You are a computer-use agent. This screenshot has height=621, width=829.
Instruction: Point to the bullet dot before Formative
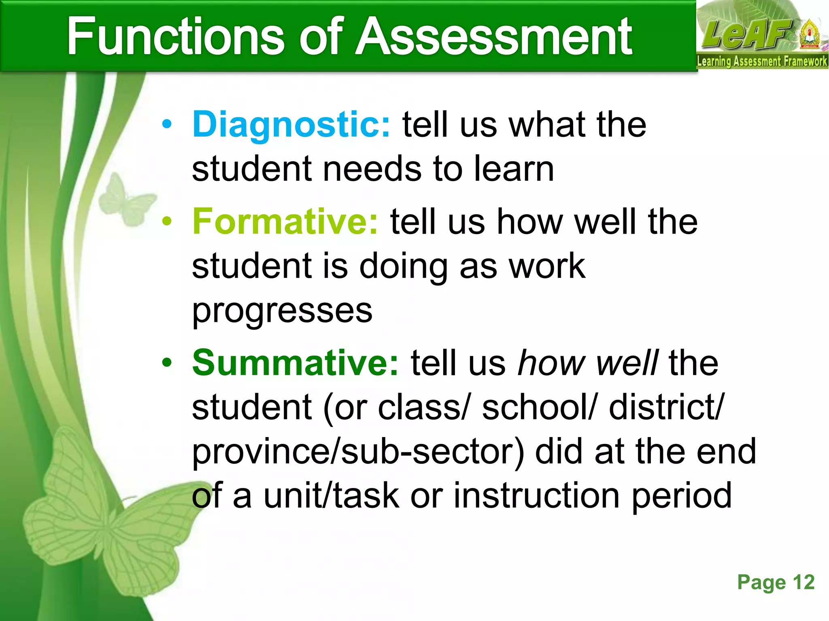click(x=167, y=222)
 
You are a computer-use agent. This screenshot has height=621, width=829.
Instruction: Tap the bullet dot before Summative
click(x=167, y=363)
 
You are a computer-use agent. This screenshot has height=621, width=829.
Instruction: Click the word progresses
click(x=282, y=311)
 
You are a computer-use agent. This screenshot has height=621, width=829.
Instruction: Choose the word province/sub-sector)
click(x=358, y=452)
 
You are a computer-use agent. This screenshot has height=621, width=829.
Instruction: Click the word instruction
click(x=536, y=496)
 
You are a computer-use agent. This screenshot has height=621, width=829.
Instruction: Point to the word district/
click(x=666, y=407)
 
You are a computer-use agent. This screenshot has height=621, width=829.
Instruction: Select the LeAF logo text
click(x=747, y=34)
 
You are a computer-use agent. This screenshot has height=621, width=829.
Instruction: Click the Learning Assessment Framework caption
click(x=762, y=61)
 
